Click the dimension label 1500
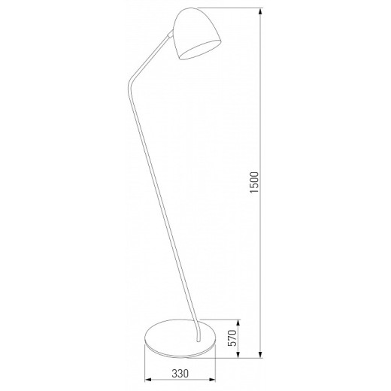point(253,185)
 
